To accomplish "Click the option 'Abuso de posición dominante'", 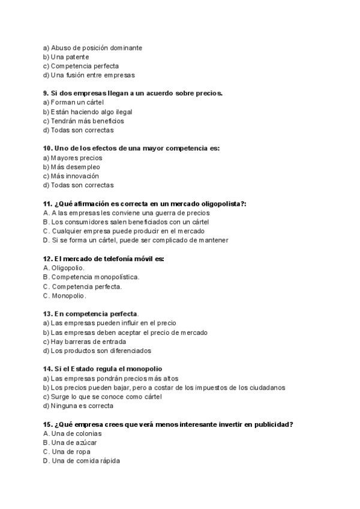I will click(92, 48).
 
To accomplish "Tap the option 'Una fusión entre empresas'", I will click(89, 75).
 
